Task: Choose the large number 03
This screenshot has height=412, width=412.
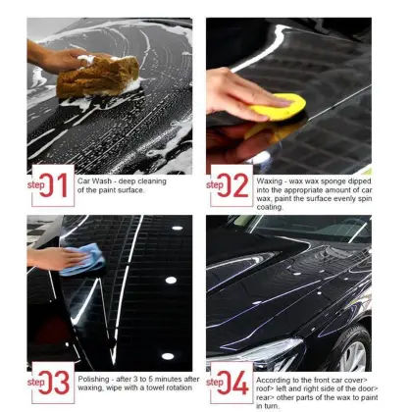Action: point(58,381)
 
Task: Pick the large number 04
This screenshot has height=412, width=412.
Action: point(237,381)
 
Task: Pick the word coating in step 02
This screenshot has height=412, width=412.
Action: point(271,206)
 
